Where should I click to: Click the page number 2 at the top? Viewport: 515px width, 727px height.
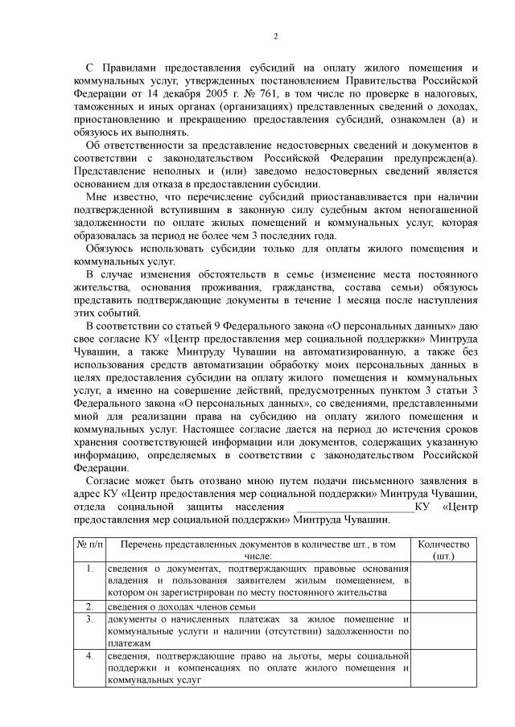[x=275, y=36]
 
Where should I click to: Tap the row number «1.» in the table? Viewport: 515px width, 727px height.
[x=90, y=569]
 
